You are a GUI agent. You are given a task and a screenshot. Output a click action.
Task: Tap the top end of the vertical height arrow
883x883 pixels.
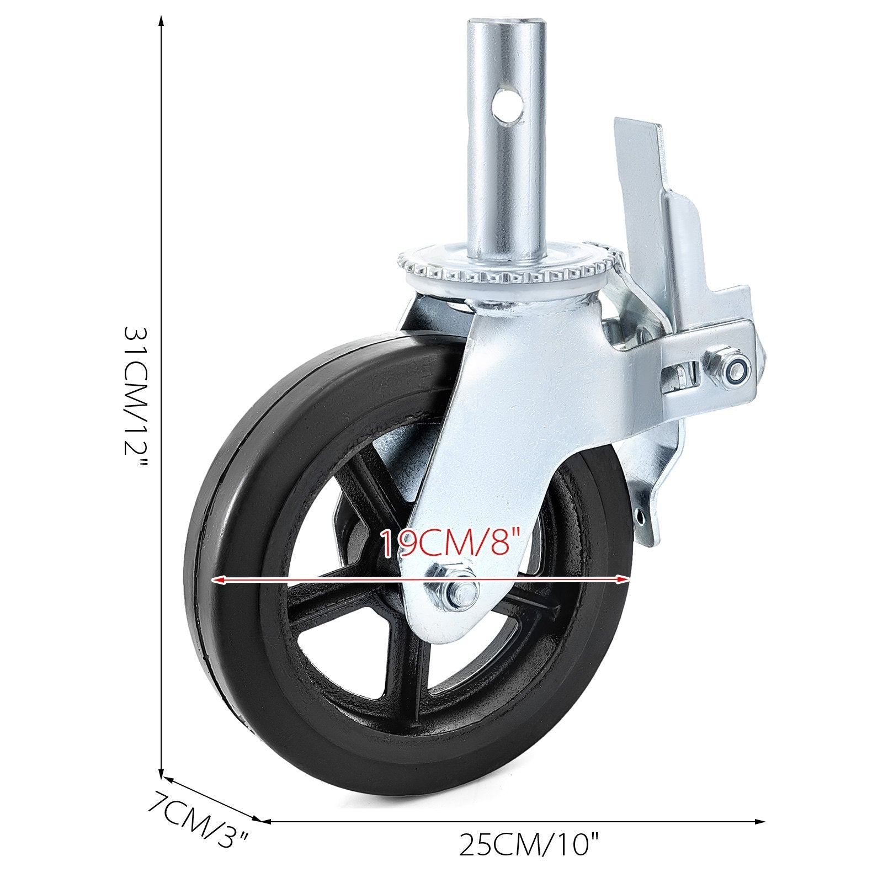(x=161, y=20)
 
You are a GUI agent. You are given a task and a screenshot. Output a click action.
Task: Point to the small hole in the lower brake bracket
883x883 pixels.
(x=640, y=517)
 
